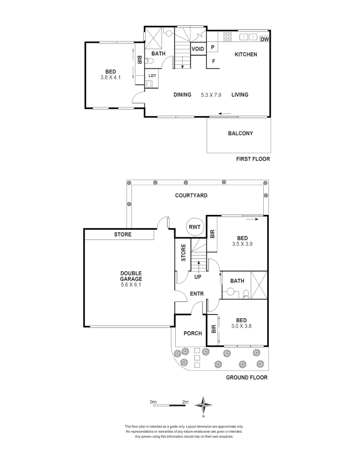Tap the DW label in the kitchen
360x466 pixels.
(265, 40)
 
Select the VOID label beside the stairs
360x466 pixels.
(198, 49)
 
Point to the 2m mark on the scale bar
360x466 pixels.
(185, 402)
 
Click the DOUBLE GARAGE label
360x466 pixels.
(131, 276)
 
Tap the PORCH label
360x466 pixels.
(193, 333)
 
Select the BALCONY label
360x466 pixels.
(240, 133)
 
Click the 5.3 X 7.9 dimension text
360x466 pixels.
(211, 95)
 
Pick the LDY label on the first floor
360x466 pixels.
(152, 76)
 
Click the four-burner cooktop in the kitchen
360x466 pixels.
(227, 37)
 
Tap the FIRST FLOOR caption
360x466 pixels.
(253, 159)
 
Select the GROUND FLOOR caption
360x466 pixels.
(247, 378)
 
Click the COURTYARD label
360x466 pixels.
(191, 195)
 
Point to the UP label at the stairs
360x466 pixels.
(198, 277)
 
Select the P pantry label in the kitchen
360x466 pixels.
(213, 48)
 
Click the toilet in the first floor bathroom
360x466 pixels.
(150, 62)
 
